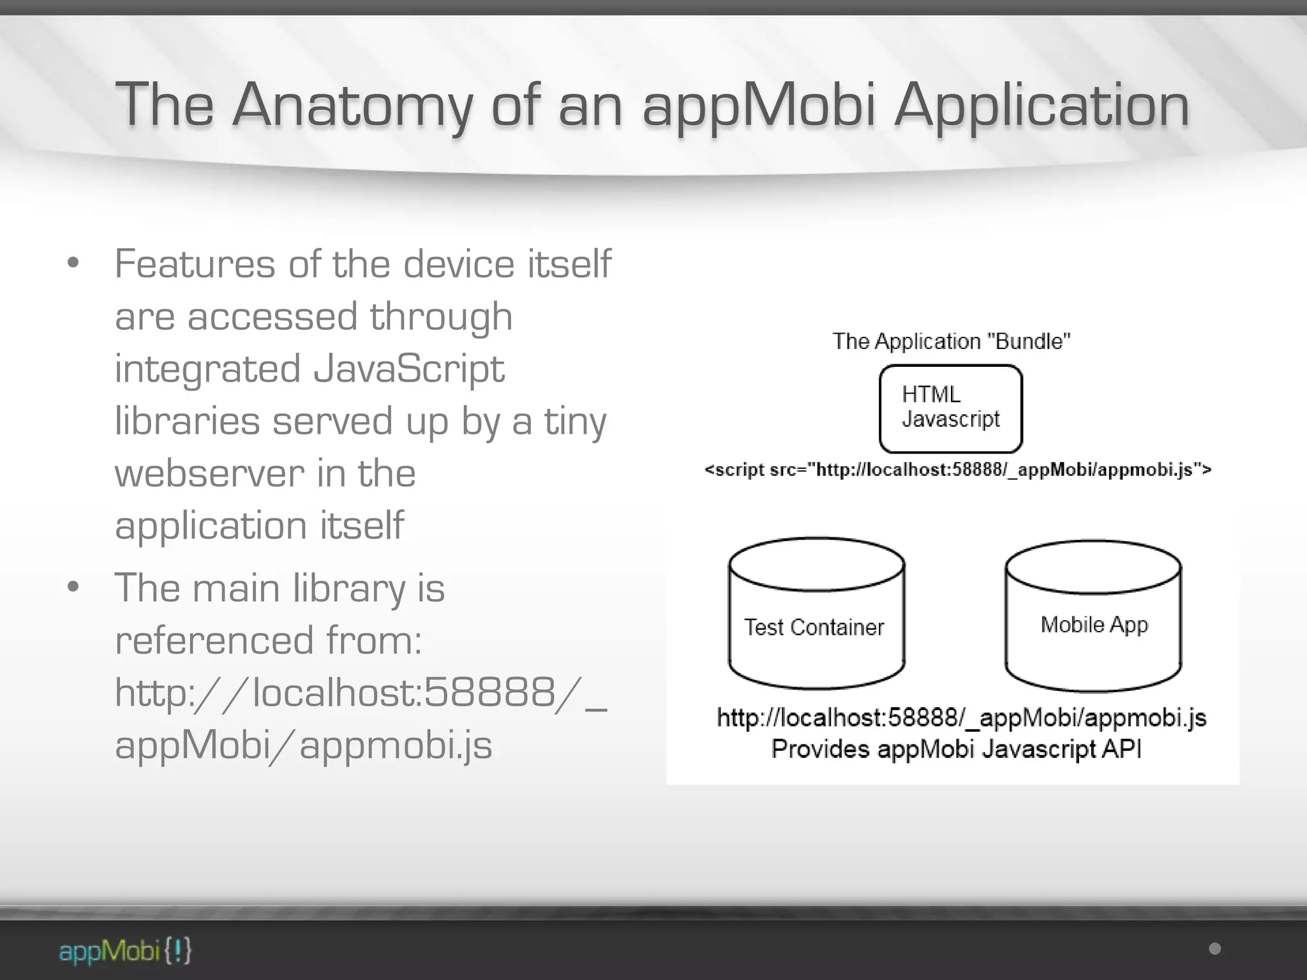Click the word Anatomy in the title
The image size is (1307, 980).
click(352, 105)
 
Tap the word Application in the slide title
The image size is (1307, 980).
click(1042, 105)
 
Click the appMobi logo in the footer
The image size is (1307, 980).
click(125, 951)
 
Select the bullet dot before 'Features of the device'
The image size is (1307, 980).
click(73, 263)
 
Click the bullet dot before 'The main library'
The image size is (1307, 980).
click(73, 586)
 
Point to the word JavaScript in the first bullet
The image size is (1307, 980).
click(408, 369)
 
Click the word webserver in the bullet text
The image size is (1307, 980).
click(209, 473)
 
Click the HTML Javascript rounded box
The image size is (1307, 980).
click(950, 408)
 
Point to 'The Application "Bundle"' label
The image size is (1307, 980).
click(951, 341)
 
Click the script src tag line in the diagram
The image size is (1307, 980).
click(957, 470)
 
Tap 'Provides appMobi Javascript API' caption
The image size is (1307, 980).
click(956, 748)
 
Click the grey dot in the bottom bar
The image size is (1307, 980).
click(1215, 949)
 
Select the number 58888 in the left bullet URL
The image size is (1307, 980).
click(489, 692)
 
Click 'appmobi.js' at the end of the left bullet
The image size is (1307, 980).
click(396, 745)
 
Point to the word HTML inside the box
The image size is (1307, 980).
click(931, 394)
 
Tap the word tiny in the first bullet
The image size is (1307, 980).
click(574, 421)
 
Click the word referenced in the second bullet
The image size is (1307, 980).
click(214, 640)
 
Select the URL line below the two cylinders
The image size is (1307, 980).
click(961, 718)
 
